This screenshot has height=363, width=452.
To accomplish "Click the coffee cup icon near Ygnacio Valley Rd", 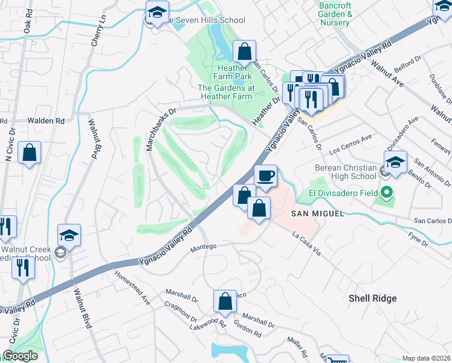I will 265,176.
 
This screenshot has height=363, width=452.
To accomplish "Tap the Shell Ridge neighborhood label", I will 372,298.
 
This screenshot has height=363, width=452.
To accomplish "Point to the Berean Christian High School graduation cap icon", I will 395,162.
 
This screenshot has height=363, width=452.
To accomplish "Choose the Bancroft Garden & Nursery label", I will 334,14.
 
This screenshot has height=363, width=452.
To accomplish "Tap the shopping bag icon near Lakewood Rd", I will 225,301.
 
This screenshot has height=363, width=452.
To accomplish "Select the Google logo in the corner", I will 19,356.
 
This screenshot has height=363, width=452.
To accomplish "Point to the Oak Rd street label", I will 28,24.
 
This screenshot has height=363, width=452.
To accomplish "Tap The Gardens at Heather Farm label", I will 225,92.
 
